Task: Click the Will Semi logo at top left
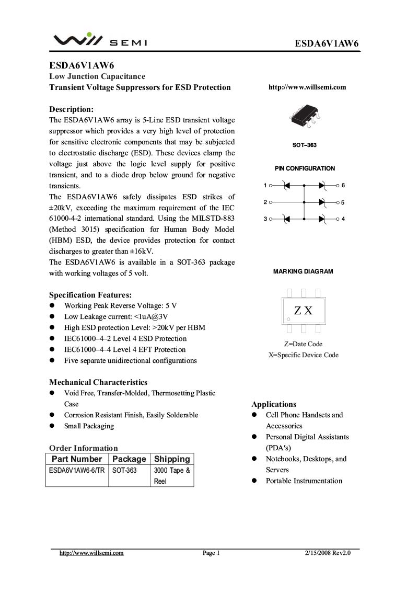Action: [100, 40]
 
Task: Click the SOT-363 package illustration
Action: [304, 118]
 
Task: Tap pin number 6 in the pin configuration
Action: [343, 186]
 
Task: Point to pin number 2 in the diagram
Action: [265, 202]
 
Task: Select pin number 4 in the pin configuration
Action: [343, 219]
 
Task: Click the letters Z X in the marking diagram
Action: [303, 311]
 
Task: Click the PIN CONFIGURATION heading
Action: [305, 168]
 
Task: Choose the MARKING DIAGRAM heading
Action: [303, 271]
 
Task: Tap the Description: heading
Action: [72, 109]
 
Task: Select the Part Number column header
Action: [77, 459]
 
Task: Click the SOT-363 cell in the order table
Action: [124, 471]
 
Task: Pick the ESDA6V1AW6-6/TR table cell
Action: [76, 471]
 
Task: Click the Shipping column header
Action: [172, 459]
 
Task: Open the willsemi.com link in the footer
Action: [92, 553]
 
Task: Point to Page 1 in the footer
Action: [211, 553]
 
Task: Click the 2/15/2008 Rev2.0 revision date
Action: [328, 553]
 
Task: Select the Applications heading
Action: [274, 404]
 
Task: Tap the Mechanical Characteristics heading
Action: [98, 382]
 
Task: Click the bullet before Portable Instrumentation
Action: [255, 481]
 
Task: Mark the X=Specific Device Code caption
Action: [303, 355]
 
